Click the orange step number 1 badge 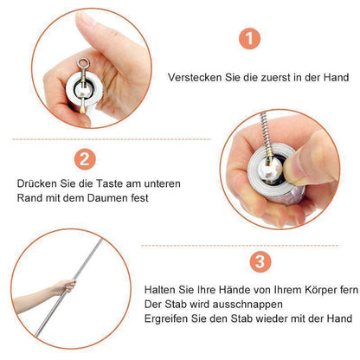(249, 38)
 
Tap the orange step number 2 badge (85, 159)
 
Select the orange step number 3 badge (260, 261)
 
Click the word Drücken (37, 183)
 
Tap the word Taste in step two (110, 183)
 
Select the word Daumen (108, 198)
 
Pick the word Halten (160, 289)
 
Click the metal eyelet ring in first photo (83, 62)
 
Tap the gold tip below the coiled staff (82, 108)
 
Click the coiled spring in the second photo (267, 133)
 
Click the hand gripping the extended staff (66, 286)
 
